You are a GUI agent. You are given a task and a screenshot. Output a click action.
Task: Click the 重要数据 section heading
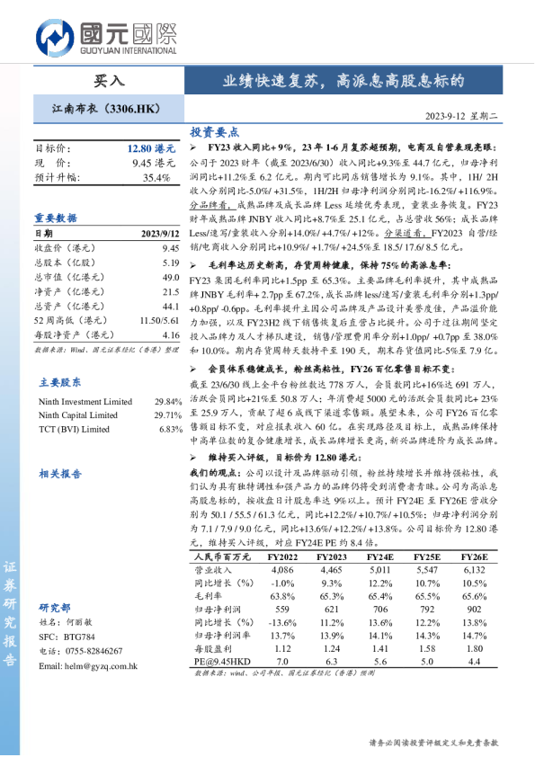[x=56, y=218]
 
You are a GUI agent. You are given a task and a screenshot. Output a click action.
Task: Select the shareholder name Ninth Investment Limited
[x=85, y=402]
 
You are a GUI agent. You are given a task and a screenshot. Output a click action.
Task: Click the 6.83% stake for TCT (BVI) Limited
[x=170, y=429]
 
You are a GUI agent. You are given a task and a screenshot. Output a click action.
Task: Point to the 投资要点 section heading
[x=215, y=131]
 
